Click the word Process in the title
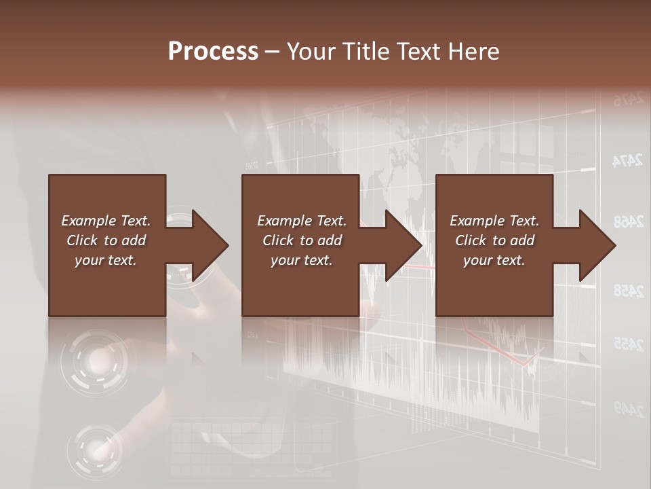click(213, 52)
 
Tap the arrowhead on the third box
click(596, 245)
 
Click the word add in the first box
click(134, 240)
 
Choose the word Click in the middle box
click(277, 240)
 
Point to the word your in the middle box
click(285, 260)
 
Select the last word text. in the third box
click(511, 260)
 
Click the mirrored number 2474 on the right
click(627, 161)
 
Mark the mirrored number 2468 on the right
click(628, 221)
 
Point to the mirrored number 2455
click(628, 344)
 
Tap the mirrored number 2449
click(628, 408)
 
